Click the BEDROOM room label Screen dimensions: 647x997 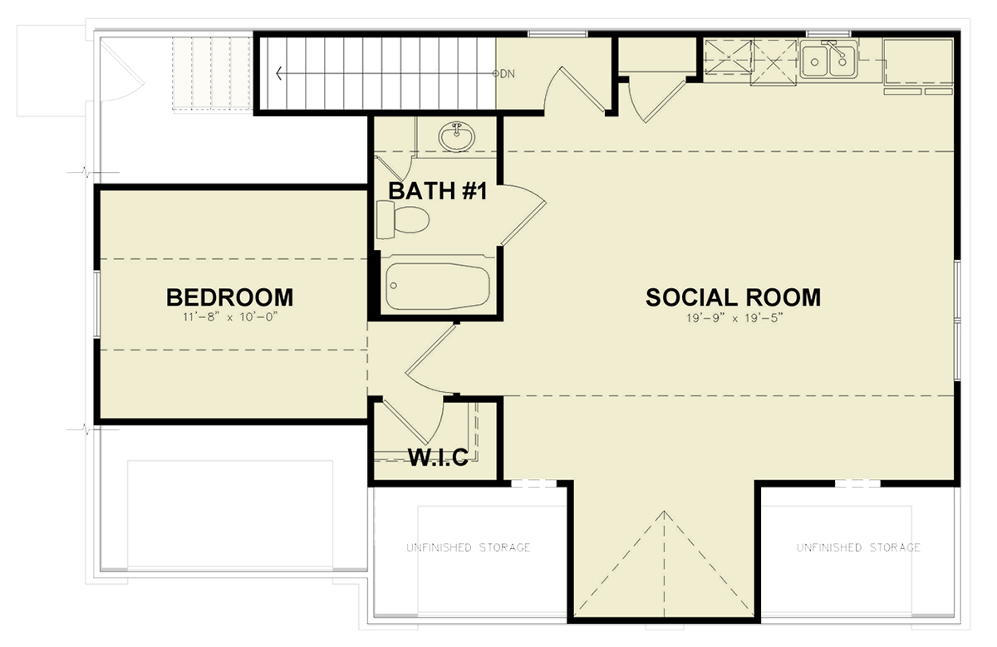coord(229,297)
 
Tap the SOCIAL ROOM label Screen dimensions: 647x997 coord(733,297)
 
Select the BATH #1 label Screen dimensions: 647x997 coord(437,192)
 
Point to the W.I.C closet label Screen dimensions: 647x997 coord(437,455)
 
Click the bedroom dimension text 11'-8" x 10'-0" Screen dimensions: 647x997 coord(229,316)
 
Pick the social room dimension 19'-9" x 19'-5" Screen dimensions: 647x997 coord(733,316)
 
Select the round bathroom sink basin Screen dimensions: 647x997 coord(456,136)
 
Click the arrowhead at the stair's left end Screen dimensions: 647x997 coord(279,74)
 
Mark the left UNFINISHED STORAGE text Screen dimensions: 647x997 coord(468,548)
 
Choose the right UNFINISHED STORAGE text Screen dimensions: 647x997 coord(858,548)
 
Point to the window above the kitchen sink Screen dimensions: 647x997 coord(822,33)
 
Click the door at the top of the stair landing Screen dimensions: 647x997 coord(582,87)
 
